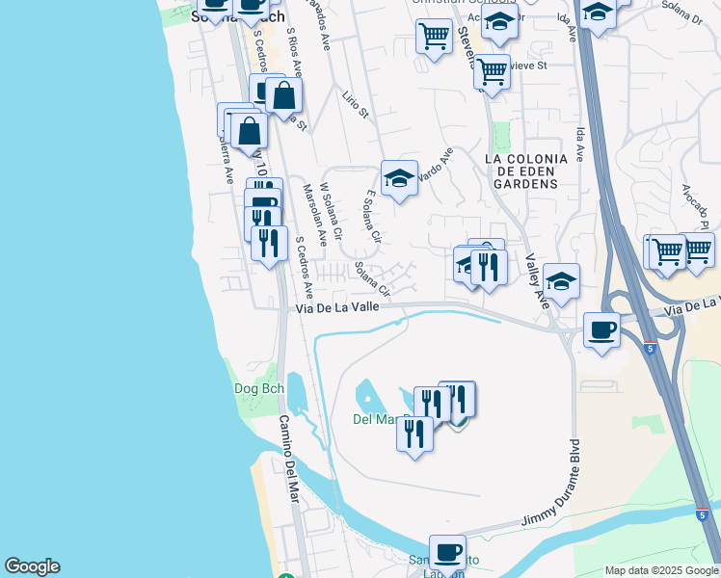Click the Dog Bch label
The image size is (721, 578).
tap(255, 389)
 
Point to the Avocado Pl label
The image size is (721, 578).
tap(693, 207)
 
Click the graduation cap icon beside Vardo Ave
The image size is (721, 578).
tap(399, 178)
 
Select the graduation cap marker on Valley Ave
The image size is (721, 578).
tap(561, 281)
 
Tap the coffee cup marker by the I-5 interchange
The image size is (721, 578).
tap(601, 330)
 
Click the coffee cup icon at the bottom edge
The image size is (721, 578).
tap(447, 553)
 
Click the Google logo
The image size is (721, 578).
tap(32, 566)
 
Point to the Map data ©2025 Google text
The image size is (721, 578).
tap(660, 570)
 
